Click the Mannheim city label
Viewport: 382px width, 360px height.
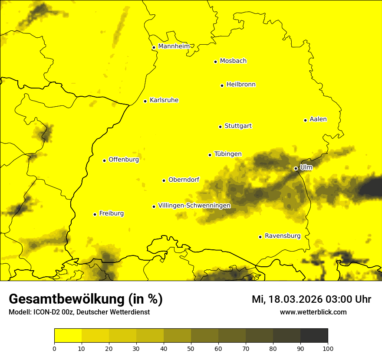174,46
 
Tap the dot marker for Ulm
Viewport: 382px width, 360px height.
296,168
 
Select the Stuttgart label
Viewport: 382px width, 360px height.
238,126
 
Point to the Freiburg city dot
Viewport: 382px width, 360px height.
95,214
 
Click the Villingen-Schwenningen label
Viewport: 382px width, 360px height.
194,206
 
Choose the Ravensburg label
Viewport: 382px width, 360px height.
282,236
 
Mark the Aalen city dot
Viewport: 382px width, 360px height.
305,120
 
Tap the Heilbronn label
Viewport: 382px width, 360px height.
241,85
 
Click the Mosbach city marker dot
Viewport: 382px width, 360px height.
215,62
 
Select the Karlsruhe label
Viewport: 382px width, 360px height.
164,100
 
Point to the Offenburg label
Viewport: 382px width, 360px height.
123,160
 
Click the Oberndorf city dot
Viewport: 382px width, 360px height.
164,180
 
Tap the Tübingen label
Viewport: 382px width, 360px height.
228,154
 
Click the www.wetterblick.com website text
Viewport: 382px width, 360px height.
313,312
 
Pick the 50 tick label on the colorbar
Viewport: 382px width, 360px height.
191,348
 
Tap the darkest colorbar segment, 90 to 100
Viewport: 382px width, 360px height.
314,336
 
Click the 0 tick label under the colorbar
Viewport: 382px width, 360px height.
54,348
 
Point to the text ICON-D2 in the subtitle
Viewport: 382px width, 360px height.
46,312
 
